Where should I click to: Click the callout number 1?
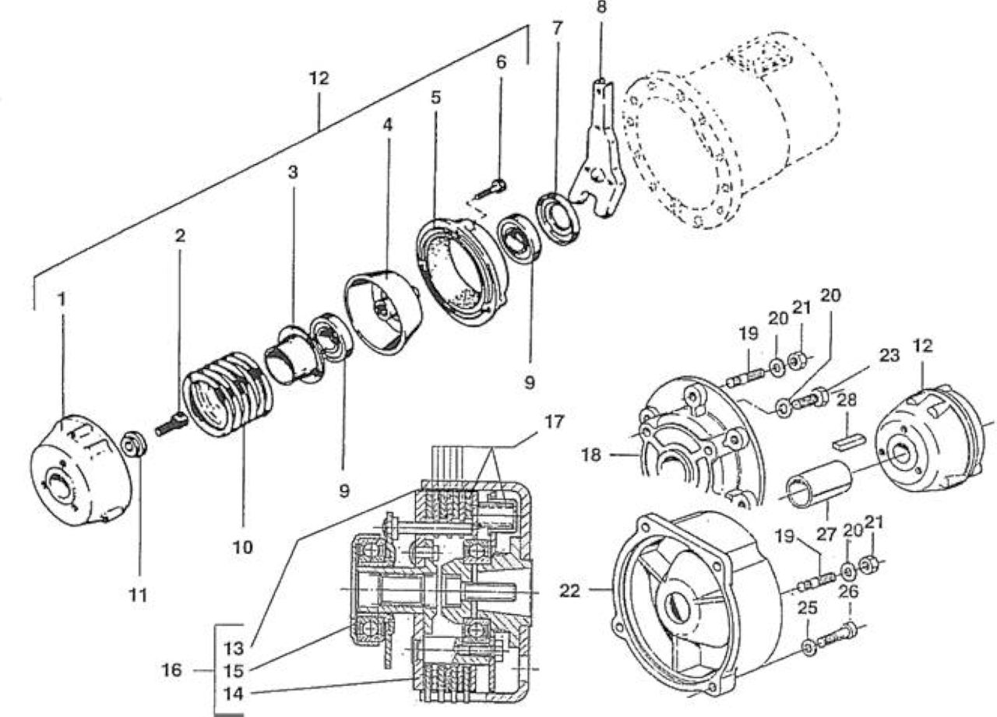click(x=62, y=300)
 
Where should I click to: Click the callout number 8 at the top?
click(x=601, y=8)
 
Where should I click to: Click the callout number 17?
click(x=554, y=422)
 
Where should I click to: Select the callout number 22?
click(x=570, y=591)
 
